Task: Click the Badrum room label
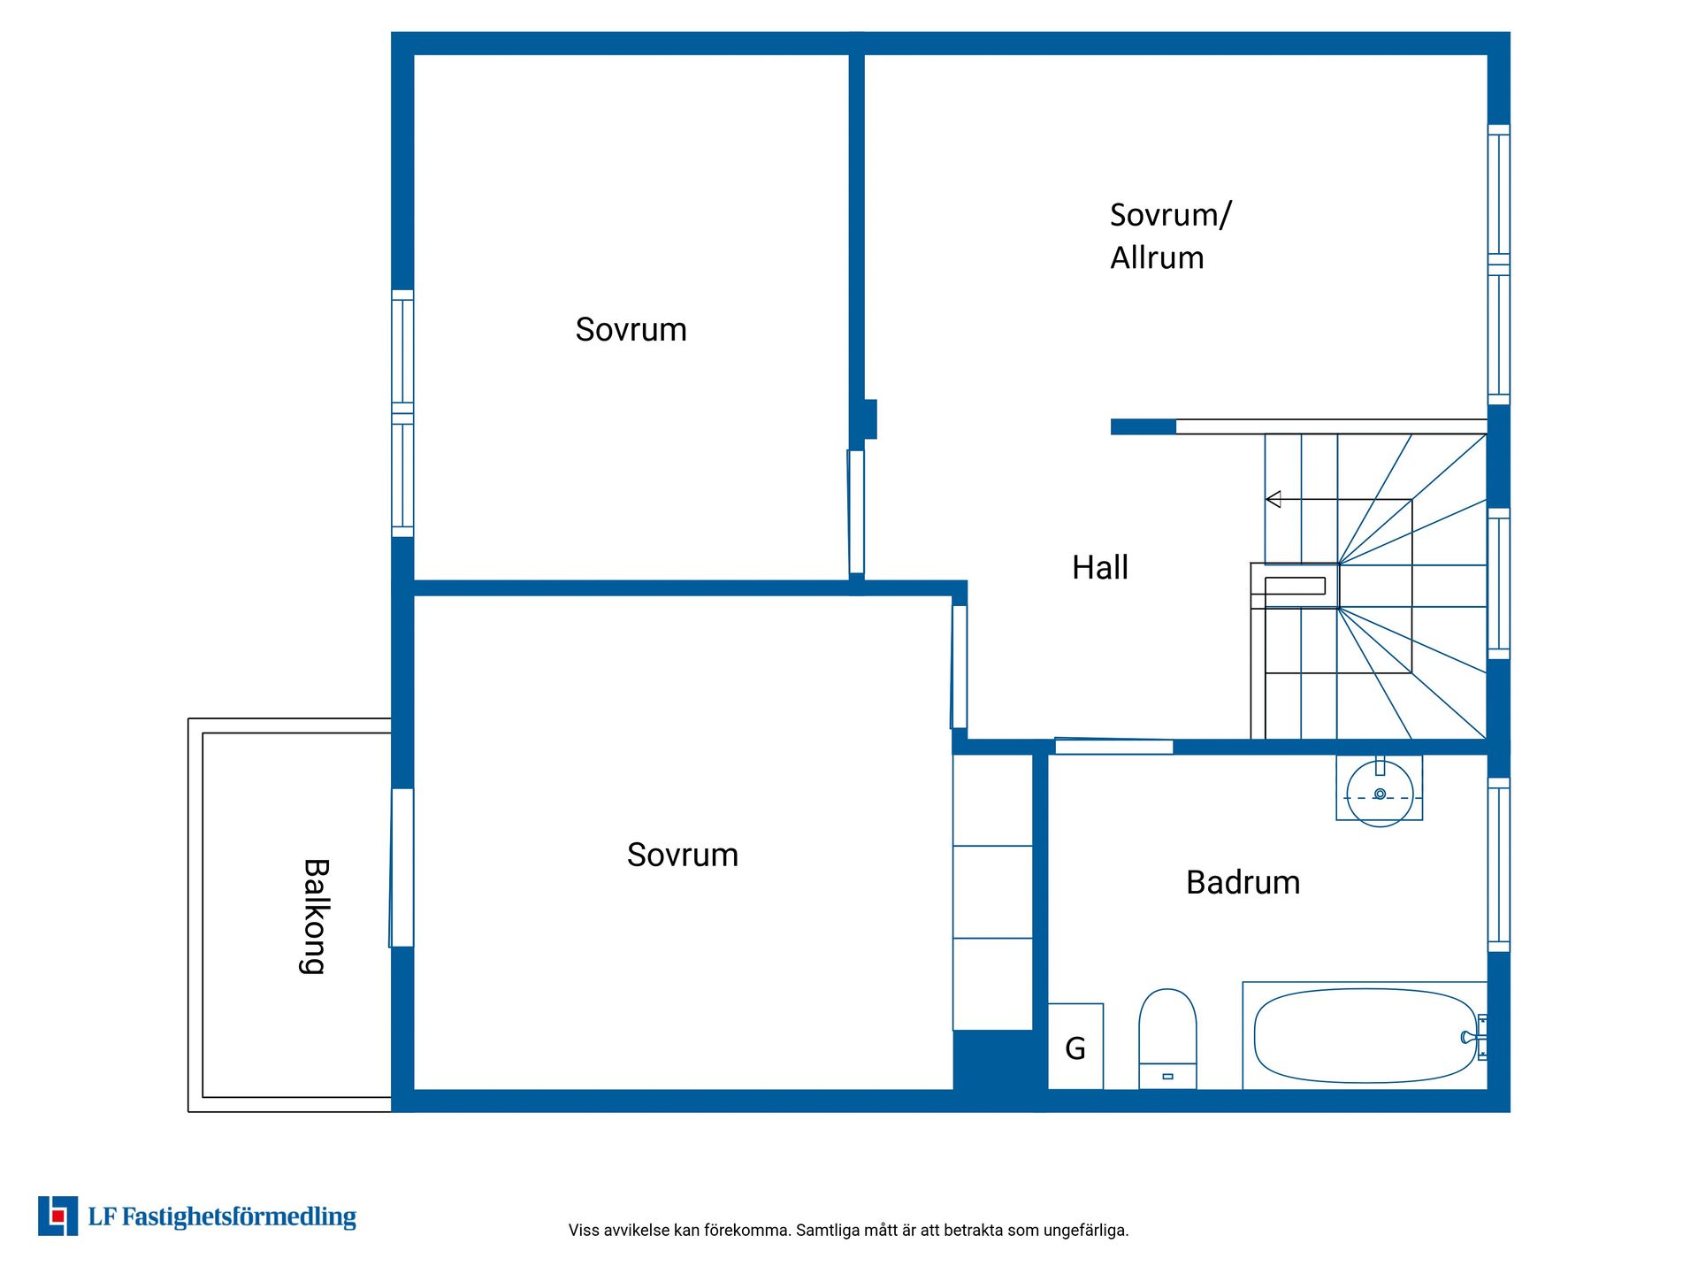(x=1243, y=882)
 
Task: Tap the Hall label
(x=1099, y=567)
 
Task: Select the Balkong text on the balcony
(x=316, y=917)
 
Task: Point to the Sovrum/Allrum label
(x=1170, y=235)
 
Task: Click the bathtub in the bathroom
(x=1365, y=1035)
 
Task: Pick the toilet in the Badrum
(x=1167, y=1039)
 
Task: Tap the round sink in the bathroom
(x=1380, y=794)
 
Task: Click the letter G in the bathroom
(x=1075, y=1048)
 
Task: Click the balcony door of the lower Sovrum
(x=402, y=868)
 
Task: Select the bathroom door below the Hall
(x=1114, y=746)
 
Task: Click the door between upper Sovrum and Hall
(x=856, y=512)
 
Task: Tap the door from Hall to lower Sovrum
(x=960, y=666)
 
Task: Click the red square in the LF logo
(x=58, y=1216)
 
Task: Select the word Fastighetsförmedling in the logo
(x=239, y=1217)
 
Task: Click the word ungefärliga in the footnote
(x=1086, y=1231)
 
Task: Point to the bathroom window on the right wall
(x=1498, y=865)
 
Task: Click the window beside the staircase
(x=1498, y=584)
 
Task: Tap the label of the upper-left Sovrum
(x=631, y=329)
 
